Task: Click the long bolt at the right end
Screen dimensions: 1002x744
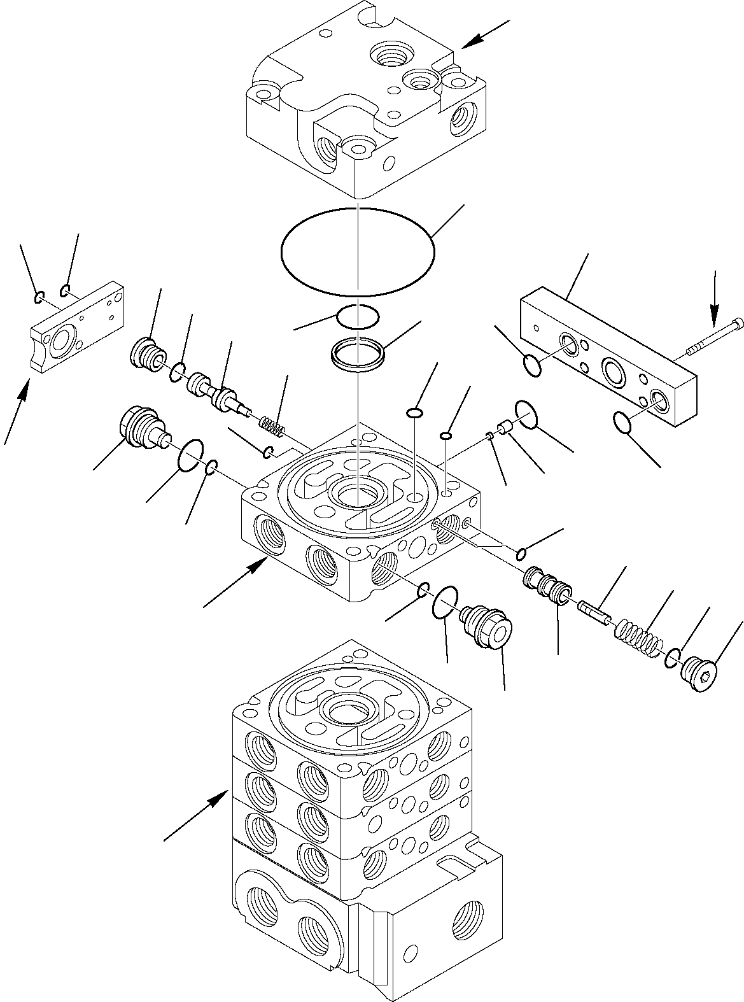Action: point(715,336)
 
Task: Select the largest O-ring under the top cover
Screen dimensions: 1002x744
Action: point(358,252)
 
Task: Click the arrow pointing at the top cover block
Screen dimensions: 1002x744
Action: point(485,34)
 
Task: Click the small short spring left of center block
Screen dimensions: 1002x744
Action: point(272,423)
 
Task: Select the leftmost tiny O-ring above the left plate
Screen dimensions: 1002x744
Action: point(39,296)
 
